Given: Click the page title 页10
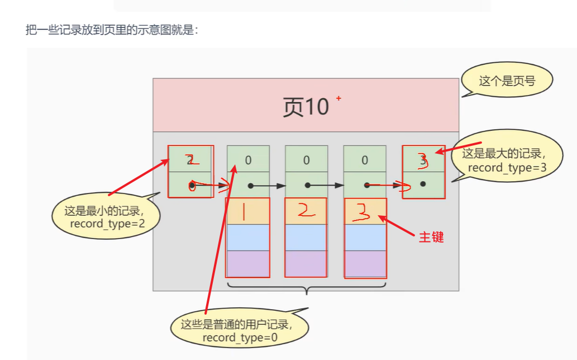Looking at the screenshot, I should pyautogui.click(x=306, y=106).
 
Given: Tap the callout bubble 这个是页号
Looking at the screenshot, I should pyautogui.click(x=507, y=81).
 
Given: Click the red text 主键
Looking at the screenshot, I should pyautogui.click(x=431, y=236).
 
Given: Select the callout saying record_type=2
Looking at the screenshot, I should pyautogui.click(x=104, y=217).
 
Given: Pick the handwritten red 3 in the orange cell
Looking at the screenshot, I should pyautogui.click(x=365, y=212).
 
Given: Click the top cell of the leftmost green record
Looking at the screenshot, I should pyautogui.click(x=190, y=159).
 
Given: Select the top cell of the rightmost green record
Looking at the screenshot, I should pyautogui.click(x=423, y=159).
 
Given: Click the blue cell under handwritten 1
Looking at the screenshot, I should pyautogui.click(x=247, y=237).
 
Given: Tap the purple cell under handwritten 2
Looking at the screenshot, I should pyautogui.click(x=306, y=263).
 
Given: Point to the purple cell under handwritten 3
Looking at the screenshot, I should pyautogui.click(x=365, y=264).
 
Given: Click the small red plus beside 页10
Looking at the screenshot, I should pyautogui.click(x=338, y=98).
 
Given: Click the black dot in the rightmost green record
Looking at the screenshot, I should pyautogui.click(x=423, y=184).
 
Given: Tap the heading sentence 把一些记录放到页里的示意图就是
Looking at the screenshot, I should pyautogui.click(x=112, y=30).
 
